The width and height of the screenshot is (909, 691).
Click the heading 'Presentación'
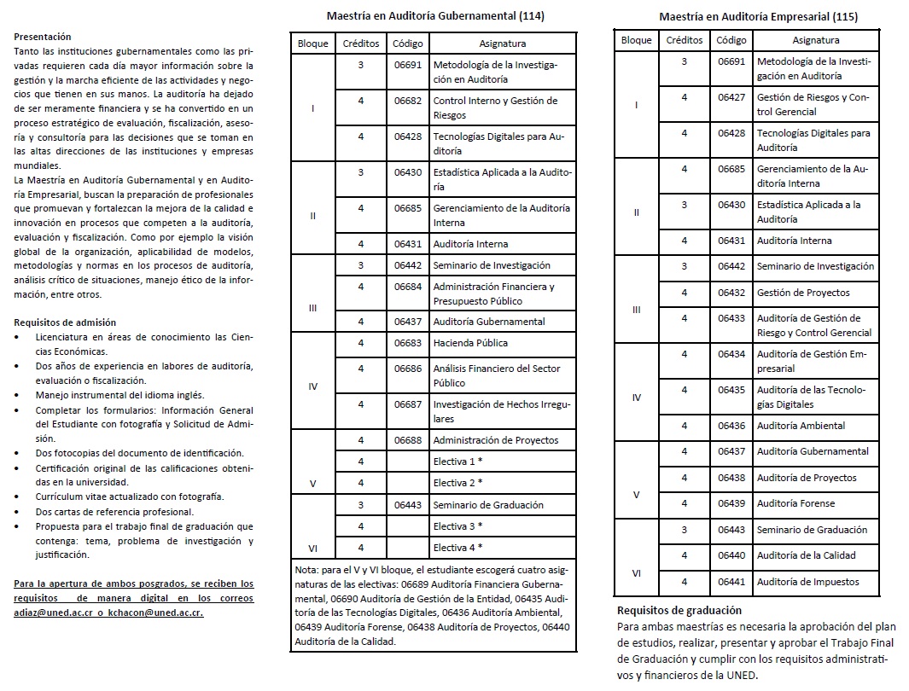pyautogui.click(x=43, y=37)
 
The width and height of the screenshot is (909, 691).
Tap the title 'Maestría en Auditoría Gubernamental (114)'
pyautogui.click(x=435, y=15)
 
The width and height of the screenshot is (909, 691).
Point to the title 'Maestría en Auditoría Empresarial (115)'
pyautogui.click(x=759, y=16)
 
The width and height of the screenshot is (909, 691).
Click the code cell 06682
pyautogui.click(x=408, y=101)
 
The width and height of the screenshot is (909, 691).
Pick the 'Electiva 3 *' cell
pyautogui.click(x=457, y=526)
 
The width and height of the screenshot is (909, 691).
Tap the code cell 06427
pyautogui.click(x=731, y=97)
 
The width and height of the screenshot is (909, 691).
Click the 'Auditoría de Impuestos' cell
pyautogui.click(x=807, y=582)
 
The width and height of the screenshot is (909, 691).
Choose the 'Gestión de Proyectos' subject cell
pyautogui.click(x=803, y=293)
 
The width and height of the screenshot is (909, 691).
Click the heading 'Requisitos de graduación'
pyautogui.click(x=679, y=610)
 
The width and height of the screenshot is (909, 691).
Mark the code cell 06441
pyautogui.click(x=731, y=582)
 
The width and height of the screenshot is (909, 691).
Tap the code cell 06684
pyautogui.click(x=408, y=287)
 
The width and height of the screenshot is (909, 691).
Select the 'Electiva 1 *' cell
pyautogui.click(x=457, y=462)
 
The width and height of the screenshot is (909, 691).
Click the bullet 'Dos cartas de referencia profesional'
pyautogui.click(x=114, y=512)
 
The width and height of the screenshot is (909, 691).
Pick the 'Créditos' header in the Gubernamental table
pyautogui.click(x=361, y=44)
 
